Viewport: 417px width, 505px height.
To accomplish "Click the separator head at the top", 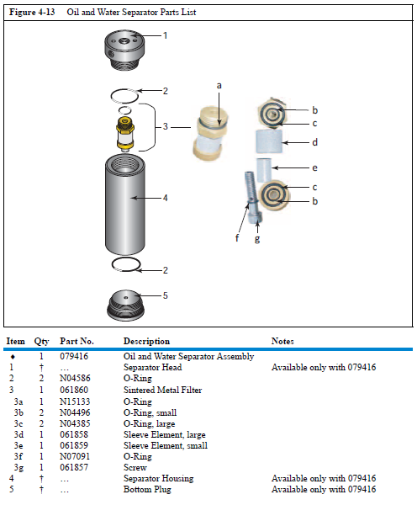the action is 124,50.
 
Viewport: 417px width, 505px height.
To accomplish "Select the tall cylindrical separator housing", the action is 125,205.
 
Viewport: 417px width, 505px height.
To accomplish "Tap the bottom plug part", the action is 125,306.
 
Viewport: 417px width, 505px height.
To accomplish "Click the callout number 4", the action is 165,198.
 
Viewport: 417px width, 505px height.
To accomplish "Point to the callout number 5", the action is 165,295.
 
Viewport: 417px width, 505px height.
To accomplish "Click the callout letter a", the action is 219,85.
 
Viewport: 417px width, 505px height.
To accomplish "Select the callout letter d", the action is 314,142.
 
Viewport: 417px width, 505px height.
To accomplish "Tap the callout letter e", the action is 314,167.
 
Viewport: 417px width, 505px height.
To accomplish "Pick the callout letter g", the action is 257,239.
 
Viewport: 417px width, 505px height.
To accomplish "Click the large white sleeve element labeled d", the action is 270,141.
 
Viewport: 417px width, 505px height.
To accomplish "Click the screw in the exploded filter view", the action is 253,197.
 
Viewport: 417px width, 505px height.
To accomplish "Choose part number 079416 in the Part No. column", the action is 74,356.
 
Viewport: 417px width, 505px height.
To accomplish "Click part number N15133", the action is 75,401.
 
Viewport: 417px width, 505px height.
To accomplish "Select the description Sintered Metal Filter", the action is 163,390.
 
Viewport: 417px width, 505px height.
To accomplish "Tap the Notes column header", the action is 282,341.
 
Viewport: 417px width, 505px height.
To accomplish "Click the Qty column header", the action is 41,342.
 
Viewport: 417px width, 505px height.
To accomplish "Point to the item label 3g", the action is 18,468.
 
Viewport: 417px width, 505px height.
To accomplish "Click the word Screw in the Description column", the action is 135,467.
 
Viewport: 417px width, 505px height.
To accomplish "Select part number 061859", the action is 74,445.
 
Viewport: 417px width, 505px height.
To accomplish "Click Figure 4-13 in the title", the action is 32,13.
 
